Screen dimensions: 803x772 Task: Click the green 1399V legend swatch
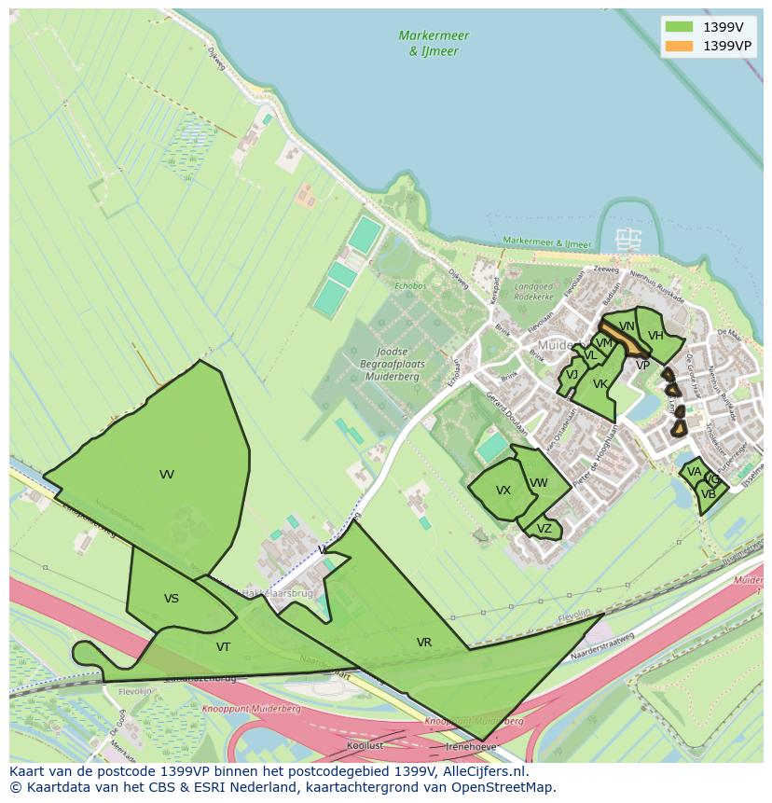coord(680,27)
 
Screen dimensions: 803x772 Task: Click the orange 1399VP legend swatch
coord(680,46)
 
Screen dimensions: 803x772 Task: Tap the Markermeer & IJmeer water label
coord(434,43)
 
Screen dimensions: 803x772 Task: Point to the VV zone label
coord(167,475)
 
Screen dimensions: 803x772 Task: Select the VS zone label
coord(172,599)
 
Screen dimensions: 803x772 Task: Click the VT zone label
coord(224,647)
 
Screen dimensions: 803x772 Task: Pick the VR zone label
coord(424,643)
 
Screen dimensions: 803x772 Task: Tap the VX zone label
coord(503,491)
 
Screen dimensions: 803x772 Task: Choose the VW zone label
coord(538,483)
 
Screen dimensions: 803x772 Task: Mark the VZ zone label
coord(545,529)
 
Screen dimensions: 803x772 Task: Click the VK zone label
coord(600,384)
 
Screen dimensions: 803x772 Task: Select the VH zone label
coord(655,336)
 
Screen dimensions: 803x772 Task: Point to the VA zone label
coord(694,473)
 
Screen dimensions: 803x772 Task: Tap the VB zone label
coord(709,494)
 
